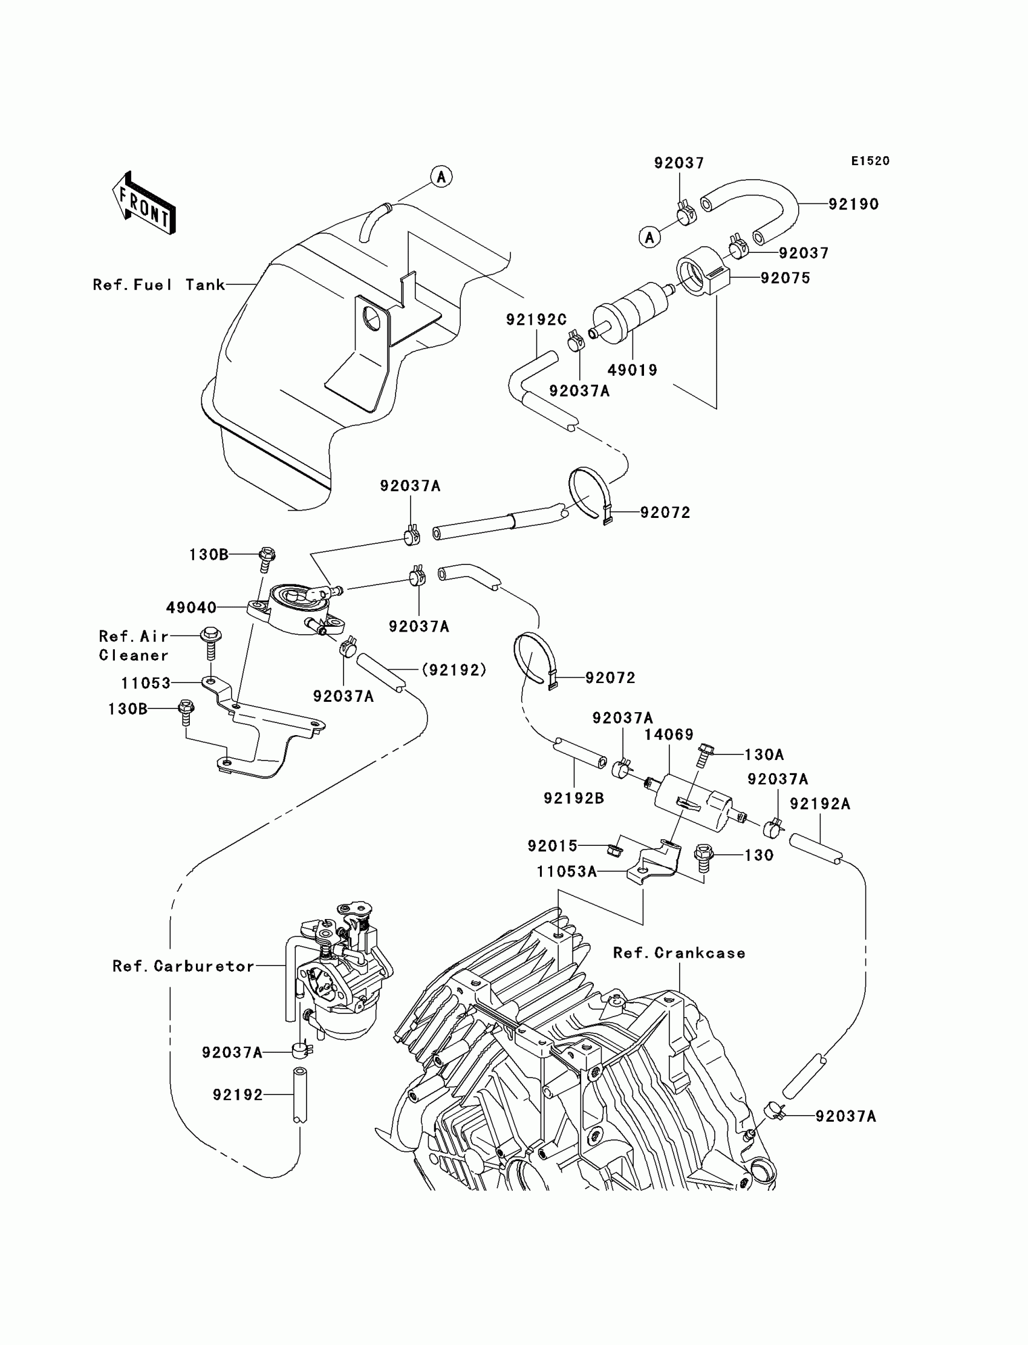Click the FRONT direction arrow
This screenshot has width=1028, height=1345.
[144, 203]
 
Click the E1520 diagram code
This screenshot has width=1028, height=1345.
[870, 161]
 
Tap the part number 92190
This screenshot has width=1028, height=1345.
[854, 204]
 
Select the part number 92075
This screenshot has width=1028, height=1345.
[785, 278]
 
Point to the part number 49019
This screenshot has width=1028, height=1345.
[632, 370]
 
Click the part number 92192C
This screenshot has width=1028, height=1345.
[536, 319]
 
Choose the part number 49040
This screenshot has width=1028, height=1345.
[192, 607]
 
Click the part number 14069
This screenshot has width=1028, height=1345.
[669, 735]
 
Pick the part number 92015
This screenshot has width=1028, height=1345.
[553, 845]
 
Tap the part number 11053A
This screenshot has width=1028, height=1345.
[567, 871]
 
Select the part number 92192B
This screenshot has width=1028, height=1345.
[574, 798]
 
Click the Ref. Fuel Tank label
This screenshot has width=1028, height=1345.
[159, 285]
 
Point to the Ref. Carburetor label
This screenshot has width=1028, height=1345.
[184, 966]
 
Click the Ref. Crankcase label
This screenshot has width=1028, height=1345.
[679, 952]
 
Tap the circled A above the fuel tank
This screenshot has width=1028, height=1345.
[441, 177]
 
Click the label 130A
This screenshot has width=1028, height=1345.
[764, 754]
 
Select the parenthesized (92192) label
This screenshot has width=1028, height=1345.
[454, 670]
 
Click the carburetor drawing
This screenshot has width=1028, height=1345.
[339, 974]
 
